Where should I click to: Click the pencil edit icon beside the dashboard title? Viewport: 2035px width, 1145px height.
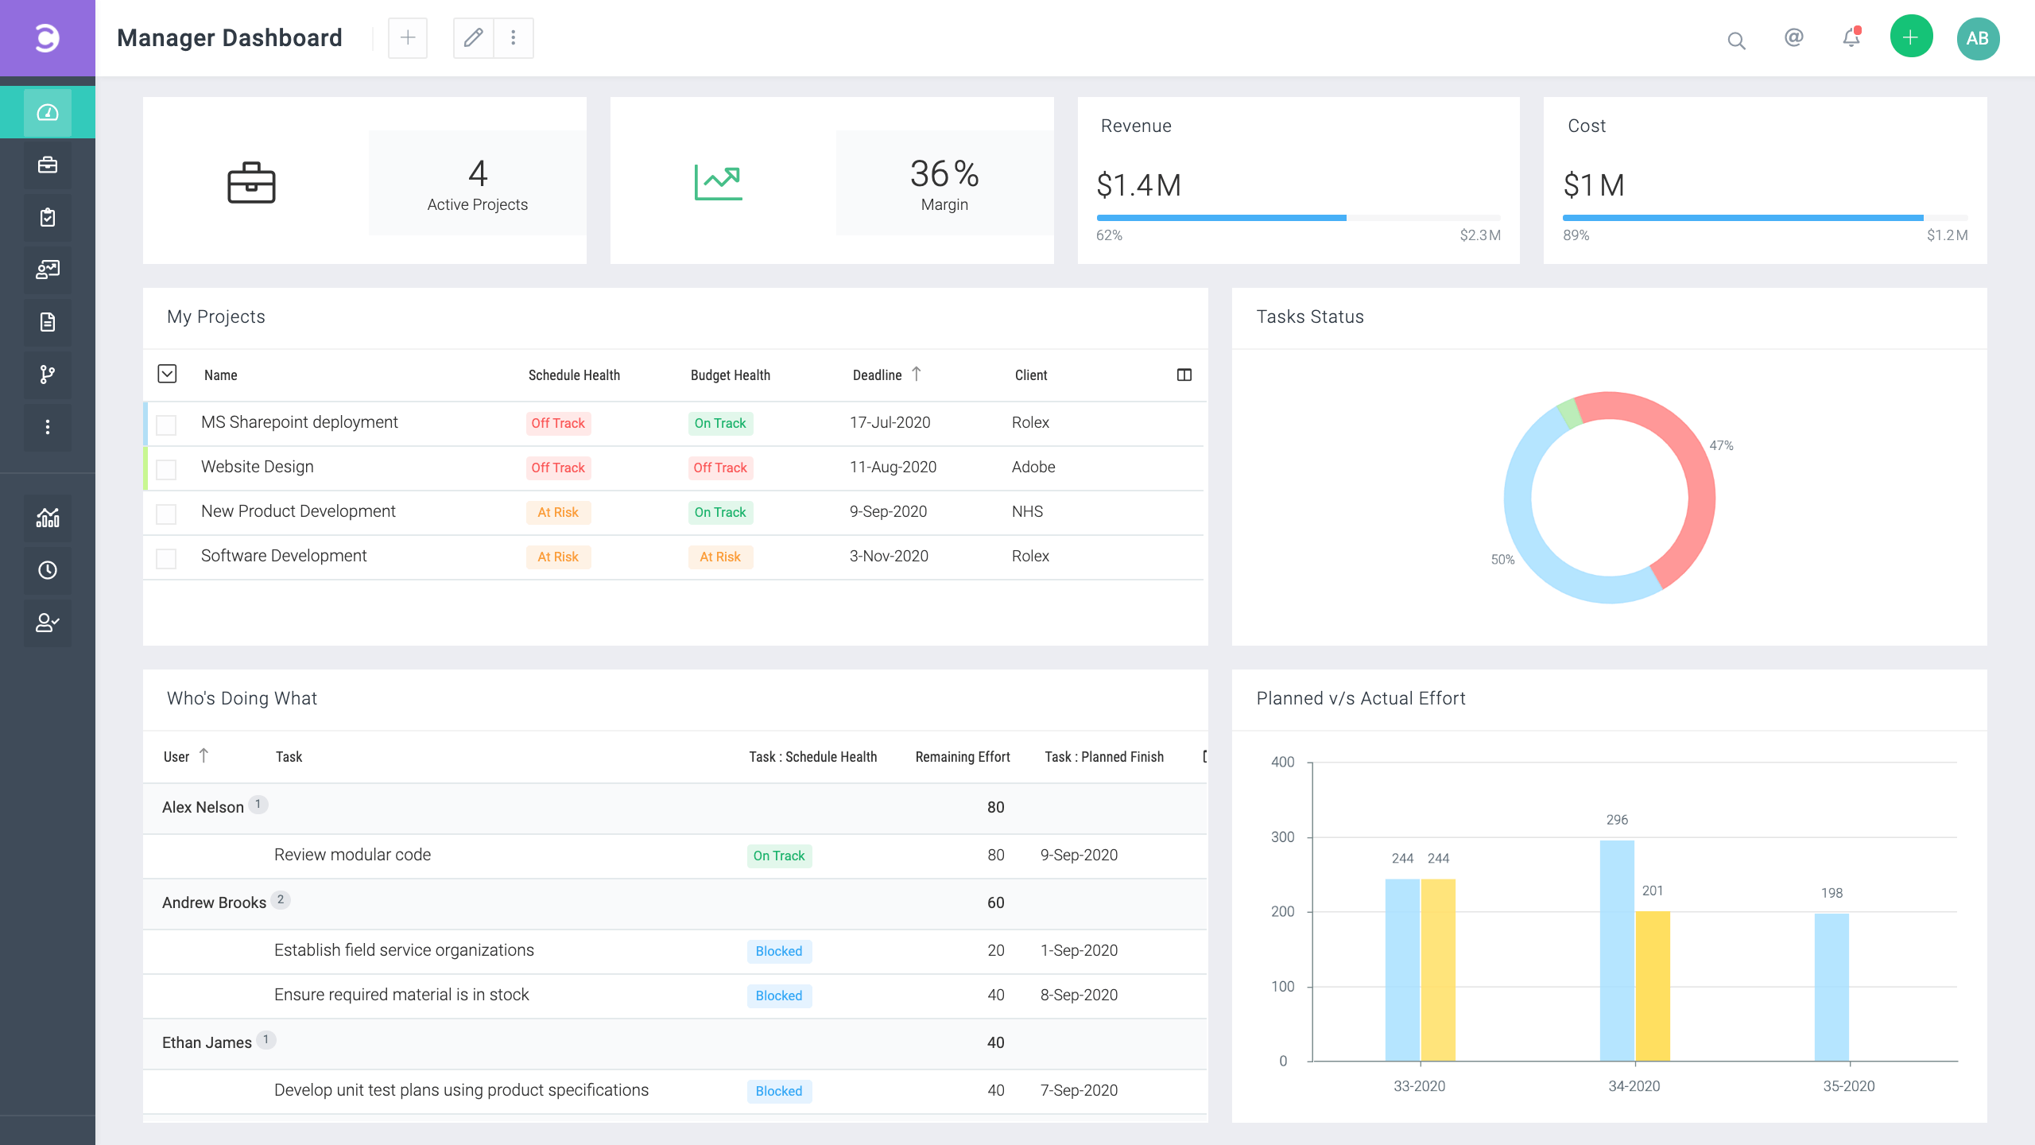click(473, 38)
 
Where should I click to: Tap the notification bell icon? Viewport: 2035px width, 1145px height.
click(1851, 38)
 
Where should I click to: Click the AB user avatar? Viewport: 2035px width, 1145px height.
click(1977, 38)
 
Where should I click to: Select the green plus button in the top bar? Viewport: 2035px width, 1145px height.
click(1911, 37)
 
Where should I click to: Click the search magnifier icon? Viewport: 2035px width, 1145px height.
click(1736, 41)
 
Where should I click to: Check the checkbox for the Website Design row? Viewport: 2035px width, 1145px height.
click(166, 469)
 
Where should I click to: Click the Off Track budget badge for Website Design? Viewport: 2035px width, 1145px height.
click(719, 468)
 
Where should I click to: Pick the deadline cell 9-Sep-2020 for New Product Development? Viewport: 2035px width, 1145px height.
click(888, 511)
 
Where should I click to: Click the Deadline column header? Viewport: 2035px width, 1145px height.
click(878, 375)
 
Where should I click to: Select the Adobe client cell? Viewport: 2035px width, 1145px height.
click(1033, 467)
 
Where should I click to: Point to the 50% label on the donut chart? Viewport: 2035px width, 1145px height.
click(1502, 560)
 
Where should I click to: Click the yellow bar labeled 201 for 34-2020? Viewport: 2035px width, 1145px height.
click(1653, 986)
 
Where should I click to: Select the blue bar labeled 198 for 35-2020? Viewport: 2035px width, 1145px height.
click(1831, 986)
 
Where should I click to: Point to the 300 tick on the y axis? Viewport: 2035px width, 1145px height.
click(1282, 837)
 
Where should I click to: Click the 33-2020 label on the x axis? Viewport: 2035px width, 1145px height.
click(1419, 1086)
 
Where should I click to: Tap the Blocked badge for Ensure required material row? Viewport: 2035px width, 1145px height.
click(778, 996)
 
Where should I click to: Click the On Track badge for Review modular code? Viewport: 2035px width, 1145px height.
click(778, 856)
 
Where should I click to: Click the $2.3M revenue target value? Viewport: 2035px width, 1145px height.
click(1479, 235)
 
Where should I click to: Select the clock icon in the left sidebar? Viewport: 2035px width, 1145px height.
click(48, 570)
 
